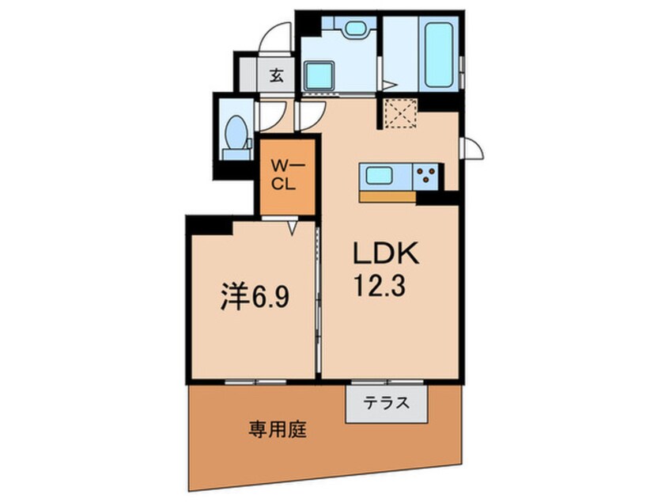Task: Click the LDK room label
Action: point(386,254)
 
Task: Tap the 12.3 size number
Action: point(380,285)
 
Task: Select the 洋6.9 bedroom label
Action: point(255,297)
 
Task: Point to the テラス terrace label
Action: point(386,402)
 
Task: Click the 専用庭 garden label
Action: point(278,429)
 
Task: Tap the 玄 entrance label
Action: point(276,76)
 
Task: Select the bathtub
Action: point(439,55)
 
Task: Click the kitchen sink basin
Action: point(380,175)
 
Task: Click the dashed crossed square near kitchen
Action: point(400,112)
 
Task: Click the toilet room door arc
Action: point(278,120)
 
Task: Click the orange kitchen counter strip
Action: point(387,196)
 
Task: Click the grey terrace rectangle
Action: point(386,404)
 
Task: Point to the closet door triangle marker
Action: point(292,227)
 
